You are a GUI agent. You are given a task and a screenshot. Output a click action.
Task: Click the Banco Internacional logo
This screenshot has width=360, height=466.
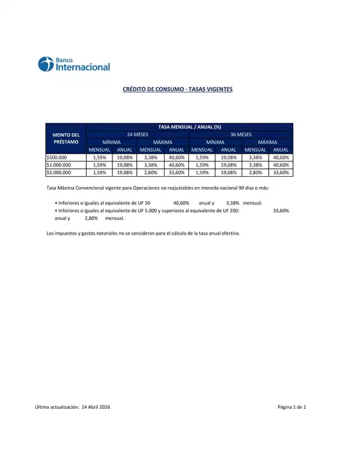coord(74,64)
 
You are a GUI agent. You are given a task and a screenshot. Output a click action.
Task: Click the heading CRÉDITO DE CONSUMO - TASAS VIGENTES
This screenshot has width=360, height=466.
coord(177,89)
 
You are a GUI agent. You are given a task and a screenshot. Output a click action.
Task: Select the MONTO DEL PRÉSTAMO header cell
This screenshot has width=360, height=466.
coord(66,138)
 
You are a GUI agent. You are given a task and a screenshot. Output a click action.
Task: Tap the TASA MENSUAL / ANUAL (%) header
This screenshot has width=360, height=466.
coord(189,127)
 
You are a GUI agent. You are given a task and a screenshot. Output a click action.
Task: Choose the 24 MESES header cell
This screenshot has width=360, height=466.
coord(137,134)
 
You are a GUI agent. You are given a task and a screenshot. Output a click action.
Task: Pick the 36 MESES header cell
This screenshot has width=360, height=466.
coord(240,134)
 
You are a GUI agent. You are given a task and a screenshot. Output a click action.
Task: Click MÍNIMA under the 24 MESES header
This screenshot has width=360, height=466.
coord(111,142)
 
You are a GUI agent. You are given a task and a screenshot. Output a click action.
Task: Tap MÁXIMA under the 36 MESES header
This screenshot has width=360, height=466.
coord(267,142)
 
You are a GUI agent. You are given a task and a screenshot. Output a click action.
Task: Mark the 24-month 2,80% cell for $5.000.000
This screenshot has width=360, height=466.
coord(150,172)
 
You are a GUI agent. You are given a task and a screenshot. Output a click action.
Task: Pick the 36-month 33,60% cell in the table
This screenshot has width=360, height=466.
coord(281,172)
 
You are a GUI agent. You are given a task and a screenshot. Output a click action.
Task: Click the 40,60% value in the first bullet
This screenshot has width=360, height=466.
coord(181,202)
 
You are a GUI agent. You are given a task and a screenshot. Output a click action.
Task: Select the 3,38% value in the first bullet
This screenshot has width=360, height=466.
coord(233,202)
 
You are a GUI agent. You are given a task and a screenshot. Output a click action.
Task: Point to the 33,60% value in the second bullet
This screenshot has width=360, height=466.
coord(281,210)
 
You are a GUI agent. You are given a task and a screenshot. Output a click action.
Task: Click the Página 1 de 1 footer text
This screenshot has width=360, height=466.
coord(292,407)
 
